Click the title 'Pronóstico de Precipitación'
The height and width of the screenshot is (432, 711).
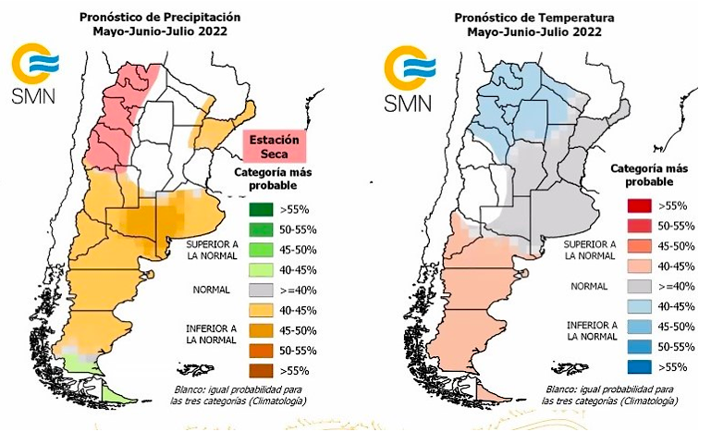click(x=160, y=16)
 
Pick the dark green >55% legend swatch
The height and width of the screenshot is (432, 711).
click(x=262, y=209)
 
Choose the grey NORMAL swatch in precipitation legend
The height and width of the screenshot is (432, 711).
click(x=262, y=290)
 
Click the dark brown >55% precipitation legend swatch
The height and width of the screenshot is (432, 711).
click(x=262, y=370)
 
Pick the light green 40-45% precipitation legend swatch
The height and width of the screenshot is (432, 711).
click(x=262, y=269)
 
